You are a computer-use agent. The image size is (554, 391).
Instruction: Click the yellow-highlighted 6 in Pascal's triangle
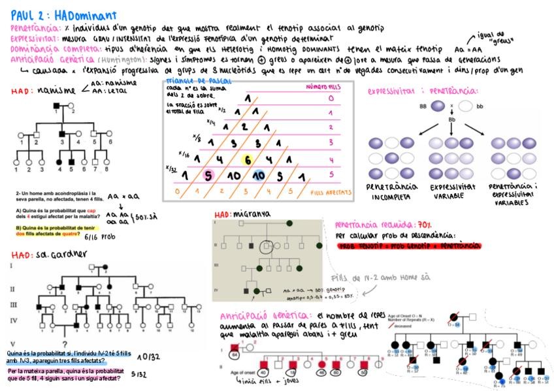pos(248,160)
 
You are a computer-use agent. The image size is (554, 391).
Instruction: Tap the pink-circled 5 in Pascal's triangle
pos(208,176)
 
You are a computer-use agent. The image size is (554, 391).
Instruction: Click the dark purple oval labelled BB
pos(434,105)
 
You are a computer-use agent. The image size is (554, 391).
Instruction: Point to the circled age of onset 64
pos(235,355)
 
